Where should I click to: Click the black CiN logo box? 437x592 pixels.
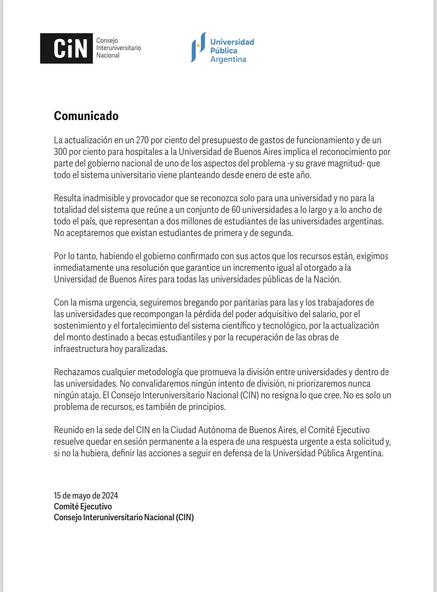click(x=66, y=48)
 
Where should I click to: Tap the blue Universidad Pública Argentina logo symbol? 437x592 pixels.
click(x=198, y=47)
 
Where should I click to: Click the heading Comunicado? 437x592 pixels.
click(x=86, y=116)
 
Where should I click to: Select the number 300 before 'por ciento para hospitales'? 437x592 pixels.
click(x=61, y=152)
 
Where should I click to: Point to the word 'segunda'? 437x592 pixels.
click(x=278, y=233)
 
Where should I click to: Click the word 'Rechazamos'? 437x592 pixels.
click(x=76, y=372)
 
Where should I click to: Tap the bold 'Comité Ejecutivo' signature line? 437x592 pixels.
click(x=83, y=507)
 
